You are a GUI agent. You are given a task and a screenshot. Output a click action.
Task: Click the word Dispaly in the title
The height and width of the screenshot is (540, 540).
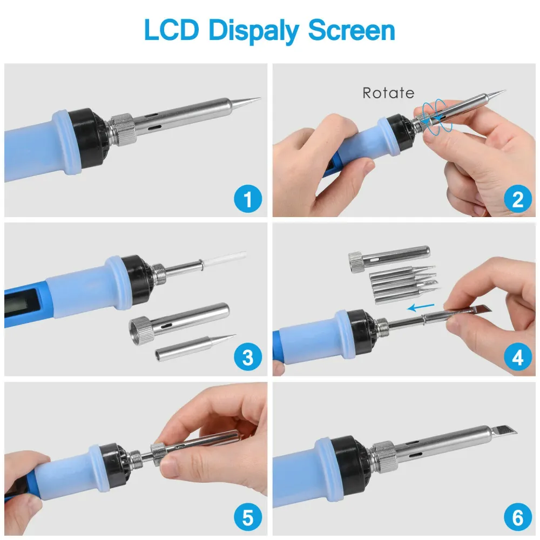[254, 31]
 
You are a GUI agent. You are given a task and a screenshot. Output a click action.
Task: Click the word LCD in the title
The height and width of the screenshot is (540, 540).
[172, 30]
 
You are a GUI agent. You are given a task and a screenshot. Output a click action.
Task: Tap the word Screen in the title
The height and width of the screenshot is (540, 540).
[352, 30]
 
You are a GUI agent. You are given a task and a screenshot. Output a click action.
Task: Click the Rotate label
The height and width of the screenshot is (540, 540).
[388, 93]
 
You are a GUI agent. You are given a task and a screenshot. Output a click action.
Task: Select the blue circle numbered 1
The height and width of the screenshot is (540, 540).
[248, 199]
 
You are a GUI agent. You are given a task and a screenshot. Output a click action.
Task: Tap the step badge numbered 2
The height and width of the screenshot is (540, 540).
[518, 199]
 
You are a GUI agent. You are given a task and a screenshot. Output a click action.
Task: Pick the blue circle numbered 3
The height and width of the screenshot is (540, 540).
[248, 357]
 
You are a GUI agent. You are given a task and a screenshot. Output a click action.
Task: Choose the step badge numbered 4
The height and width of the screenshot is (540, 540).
[518, 357]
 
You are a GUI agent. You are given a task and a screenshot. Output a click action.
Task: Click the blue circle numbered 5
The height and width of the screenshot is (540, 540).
[248, 517]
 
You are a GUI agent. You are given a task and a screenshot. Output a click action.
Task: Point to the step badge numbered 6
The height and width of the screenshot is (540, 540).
[518, 517]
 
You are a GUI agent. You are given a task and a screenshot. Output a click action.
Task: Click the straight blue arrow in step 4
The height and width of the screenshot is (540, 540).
[421, 307]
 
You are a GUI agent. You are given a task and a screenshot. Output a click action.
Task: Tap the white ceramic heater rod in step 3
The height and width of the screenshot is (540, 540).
[224, 259]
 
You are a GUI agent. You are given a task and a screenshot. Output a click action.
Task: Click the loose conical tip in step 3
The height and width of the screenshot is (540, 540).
[195, 348]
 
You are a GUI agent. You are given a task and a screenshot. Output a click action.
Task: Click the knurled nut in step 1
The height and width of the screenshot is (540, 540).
[123, 129]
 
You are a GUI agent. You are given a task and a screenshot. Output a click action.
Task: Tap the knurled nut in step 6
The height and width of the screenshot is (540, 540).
[385, 457]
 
